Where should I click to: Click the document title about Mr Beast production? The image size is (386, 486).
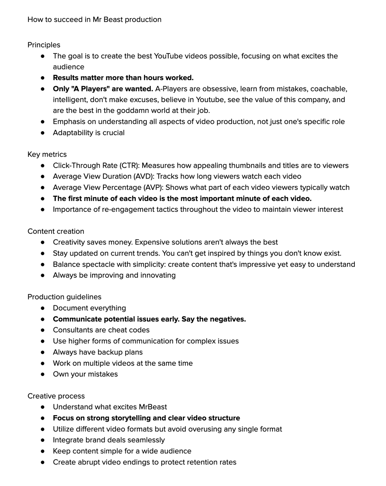pos(94,19)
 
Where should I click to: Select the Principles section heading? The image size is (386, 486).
pos(44,45)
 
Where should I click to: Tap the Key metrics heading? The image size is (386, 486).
pos(47,154)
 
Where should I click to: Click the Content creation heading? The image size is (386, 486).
pos(56,231)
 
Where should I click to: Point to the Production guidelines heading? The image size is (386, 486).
pos(64,297)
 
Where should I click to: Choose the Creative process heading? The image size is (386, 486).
pos(56,396)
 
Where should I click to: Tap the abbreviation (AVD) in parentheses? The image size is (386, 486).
pos(144,176)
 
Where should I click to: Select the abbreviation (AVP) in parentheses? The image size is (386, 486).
pos(152,187)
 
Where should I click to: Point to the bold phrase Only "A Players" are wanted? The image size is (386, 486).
pos(103,89)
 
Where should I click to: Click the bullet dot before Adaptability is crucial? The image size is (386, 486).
pos(43,133)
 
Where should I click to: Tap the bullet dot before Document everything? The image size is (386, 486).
pos(43,308)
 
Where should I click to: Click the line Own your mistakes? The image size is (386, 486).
pos(85,374)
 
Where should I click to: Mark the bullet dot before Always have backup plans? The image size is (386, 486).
pos(43,352)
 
